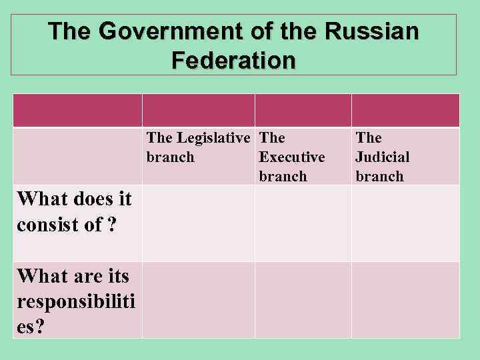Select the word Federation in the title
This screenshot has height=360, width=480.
[233, 61]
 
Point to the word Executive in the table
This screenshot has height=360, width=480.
[292, 157]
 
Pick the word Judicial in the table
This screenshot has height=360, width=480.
[383, 157]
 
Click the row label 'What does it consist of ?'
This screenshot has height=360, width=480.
[74, 211]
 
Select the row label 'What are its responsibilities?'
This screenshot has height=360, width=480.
[75, 294]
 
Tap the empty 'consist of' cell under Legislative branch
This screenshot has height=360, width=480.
[198, 223]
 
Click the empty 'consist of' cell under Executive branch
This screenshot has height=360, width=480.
[303, 223]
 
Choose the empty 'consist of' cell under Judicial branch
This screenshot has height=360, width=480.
[405, 223]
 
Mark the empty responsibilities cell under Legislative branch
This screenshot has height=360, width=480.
[198, 300]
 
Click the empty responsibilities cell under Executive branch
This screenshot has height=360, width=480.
[303, 300]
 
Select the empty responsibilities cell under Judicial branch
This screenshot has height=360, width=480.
[405, 300]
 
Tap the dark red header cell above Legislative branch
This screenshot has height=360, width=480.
[198, 110]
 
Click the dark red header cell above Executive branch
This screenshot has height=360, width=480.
[303, 110]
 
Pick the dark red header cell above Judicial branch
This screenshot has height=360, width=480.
[405, 110]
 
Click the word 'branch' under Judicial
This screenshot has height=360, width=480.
[379, 177]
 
